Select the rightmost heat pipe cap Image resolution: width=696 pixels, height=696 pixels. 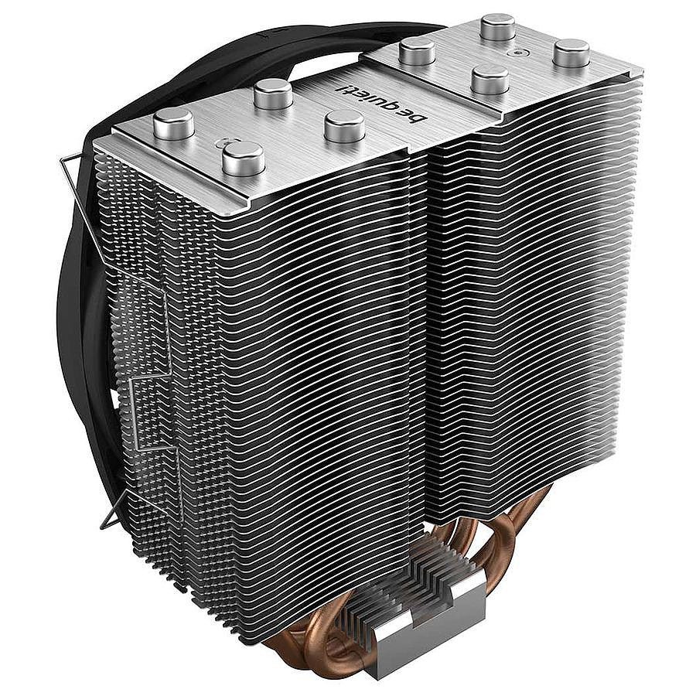pyautogui.click(x=572, y=53)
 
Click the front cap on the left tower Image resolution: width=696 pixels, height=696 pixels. pyautogui.click(x=244, y=158)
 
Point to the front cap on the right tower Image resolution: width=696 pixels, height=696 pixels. pyautogui.click(x=490, y=79)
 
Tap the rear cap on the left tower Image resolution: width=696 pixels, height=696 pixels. pyautogui.click(x=273, y=94)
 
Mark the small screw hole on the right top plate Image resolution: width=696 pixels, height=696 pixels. pyautogui.click(x=517, y=52)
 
